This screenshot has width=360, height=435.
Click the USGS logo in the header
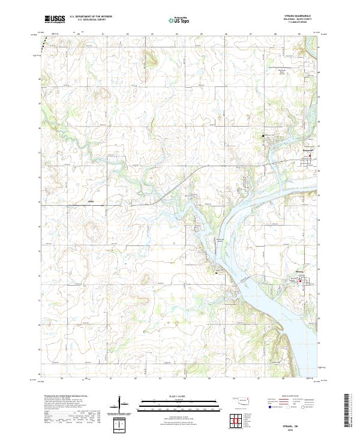55,20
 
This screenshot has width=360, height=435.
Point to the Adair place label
91,200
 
